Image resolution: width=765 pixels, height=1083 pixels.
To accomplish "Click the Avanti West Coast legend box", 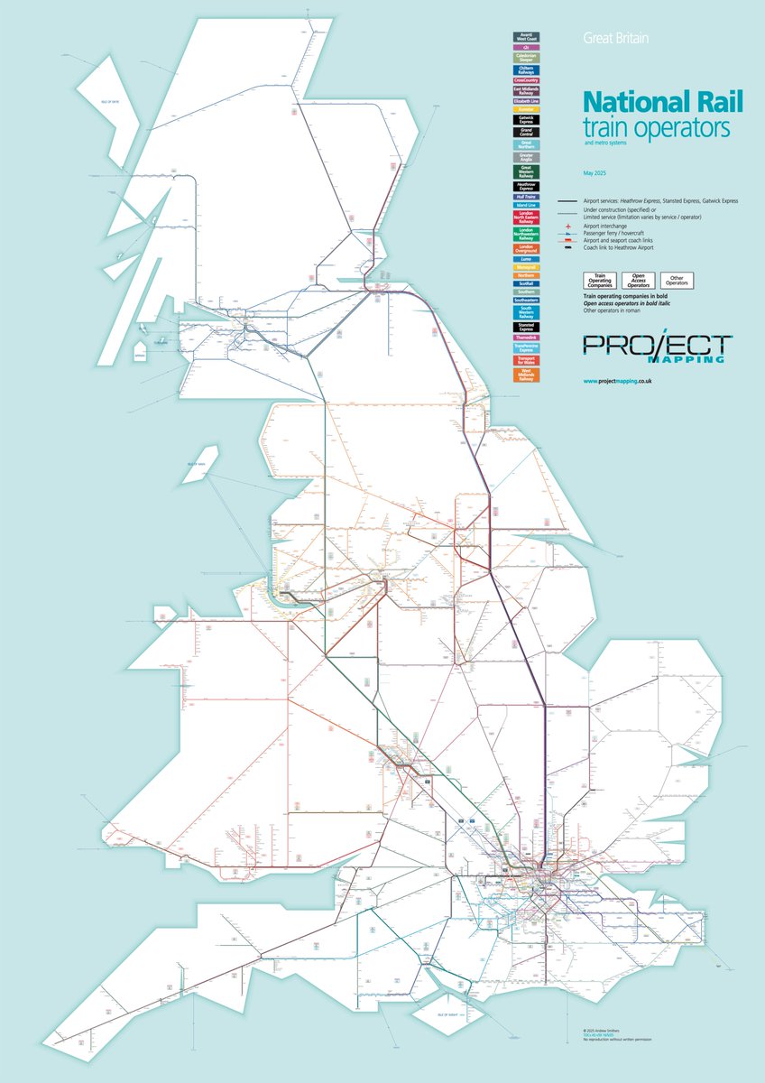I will pos(525,37).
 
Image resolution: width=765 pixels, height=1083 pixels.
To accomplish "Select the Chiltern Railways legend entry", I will pos(525,69).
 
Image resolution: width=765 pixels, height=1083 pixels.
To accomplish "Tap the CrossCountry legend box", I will pos(525,80).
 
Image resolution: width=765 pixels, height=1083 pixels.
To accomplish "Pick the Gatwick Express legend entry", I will pos(525,118).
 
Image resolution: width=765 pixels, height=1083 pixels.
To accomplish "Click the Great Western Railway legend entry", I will pos(525,171).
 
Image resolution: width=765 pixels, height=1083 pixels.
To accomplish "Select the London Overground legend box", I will pos(525,247).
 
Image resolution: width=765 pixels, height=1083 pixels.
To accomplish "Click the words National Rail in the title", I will pos(655,101).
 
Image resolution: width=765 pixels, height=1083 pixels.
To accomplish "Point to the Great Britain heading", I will pos(616,39).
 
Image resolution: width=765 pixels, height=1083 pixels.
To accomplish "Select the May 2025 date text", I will pos(596,171).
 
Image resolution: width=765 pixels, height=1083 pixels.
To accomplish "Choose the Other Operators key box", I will pos(677,280).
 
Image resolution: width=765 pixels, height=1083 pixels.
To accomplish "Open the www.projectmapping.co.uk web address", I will pos(617,382).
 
